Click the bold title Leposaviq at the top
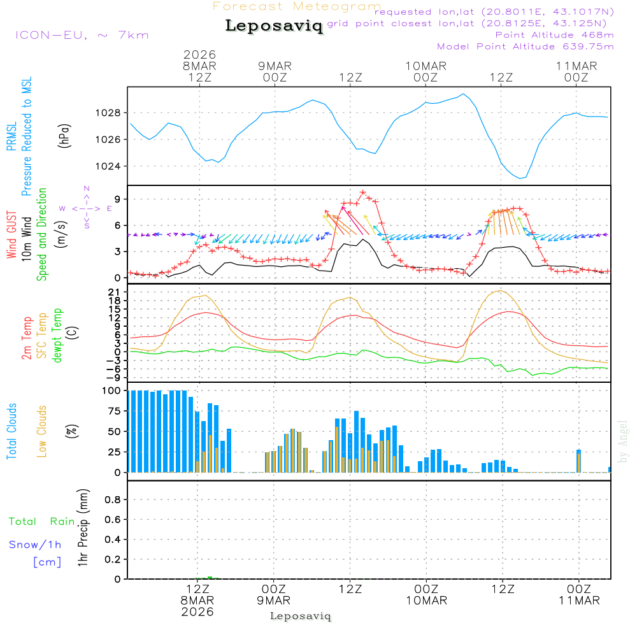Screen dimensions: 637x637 coord(274,26)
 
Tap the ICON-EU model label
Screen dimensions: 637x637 coord(82,35)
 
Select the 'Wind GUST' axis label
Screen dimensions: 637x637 coord(12,235)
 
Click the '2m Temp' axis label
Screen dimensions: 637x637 coord(27,337)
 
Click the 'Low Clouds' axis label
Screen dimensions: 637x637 coord(42,431)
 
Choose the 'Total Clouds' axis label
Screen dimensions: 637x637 coord(12,431)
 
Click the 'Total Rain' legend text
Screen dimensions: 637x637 coord(41,522)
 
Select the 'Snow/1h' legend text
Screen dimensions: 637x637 coord(35,545)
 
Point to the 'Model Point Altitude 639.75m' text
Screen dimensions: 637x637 coord(525,47)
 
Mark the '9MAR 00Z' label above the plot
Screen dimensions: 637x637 coord(275,71)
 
